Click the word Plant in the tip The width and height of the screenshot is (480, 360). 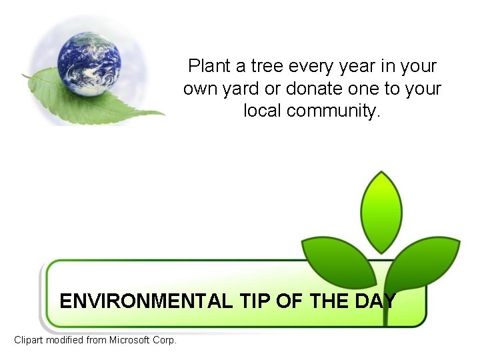click(208, 66)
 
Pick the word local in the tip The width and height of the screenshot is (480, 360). click(263, 111)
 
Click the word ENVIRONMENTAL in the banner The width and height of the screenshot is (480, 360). click(146, 301)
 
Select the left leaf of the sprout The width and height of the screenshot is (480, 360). click(337, 257)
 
